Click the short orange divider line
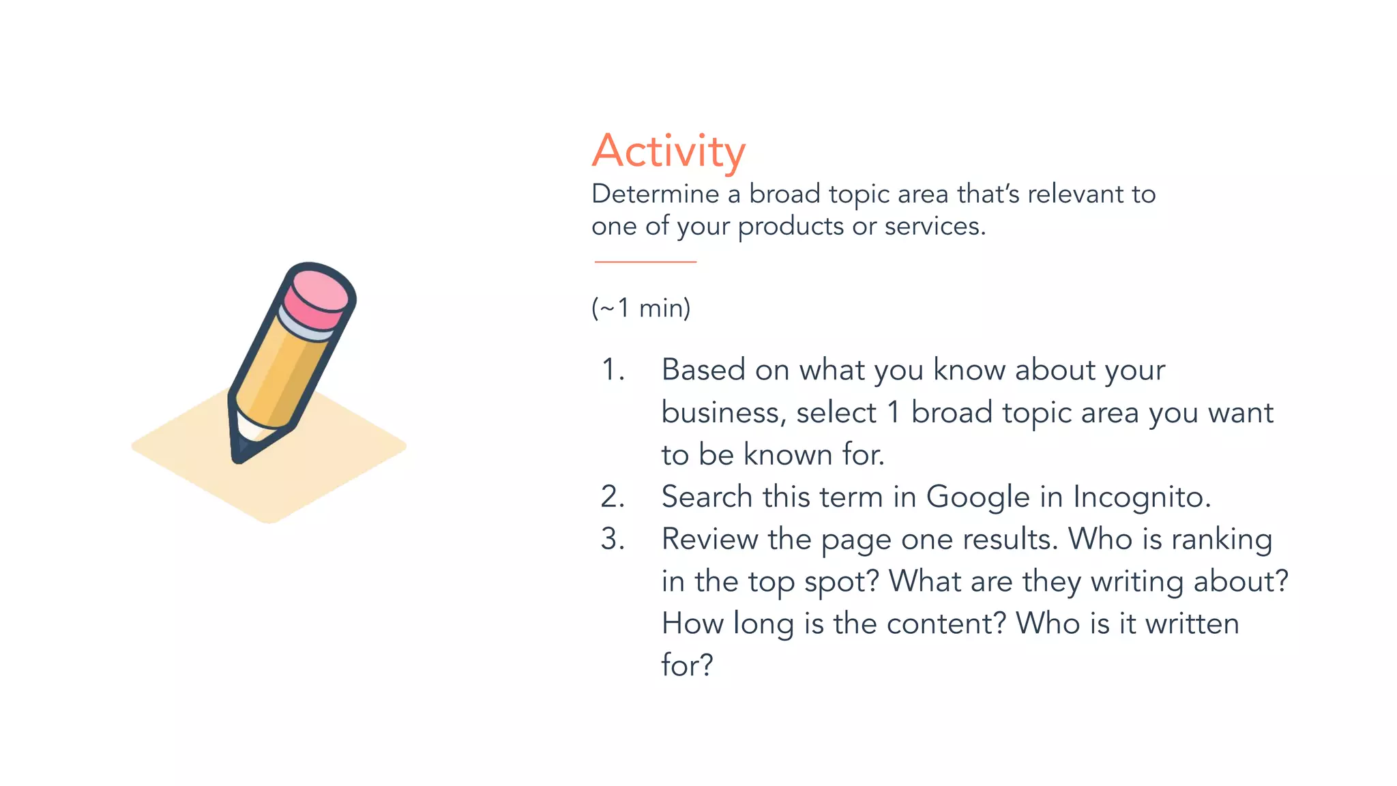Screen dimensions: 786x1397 (645, 261)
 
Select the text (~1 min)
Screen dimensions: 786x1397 (641, 308)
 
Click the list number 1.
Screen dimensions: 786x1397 (612, 370)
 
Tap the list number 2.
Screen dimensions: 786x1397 (612, 497)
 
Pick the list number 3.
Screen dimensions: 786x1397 (612, 539)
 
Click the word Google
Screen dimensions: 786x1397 (977, 497)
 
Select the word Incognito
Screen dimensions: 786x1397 (1141, 497)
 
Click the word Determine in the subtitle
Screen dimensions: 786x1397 (655, 194)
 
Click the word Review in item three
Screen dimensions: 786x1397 (709, 539)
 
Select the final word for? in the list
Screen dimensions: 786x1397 (687, 665)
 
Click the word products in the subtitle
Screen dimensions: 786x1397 (791, 227)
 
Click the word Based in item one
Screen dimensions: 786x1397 (703, 370)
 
